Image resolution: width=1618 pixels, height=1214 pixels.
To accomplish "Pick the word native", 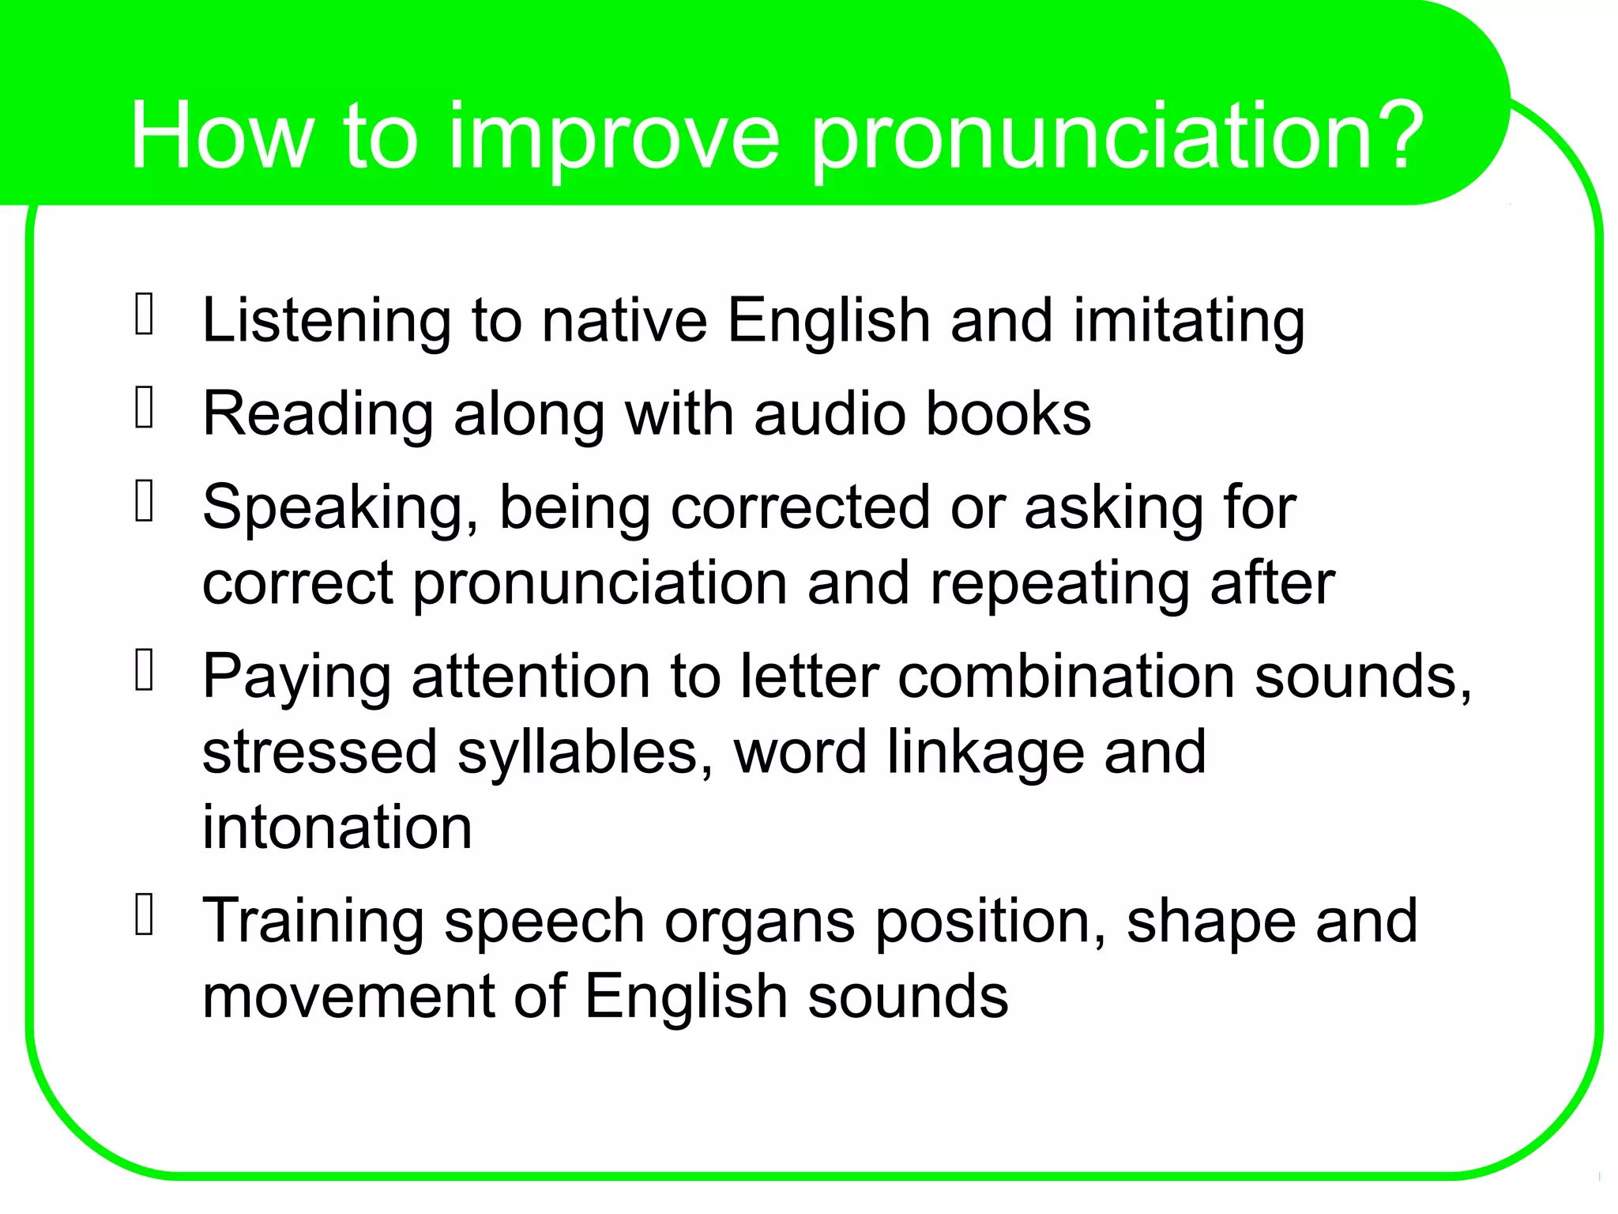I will coord(624,321).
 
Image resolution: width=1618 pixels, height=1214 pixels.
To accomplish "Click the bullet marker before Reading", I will coord(145,409).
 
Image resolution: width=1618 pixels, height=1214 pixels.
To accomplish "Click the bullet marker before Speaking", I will coord(145,502).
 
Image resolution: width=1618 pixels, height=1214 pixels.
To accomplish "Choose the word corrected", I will coord(800,507).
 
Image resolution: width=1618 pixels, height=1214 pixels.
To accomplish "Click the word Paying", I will coord(297,678).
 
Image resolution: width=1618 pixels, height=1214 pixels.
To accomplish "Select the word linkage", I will coord(986,752).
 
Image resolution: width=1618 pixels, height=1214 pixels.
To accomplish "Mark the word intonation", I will coord(337,828).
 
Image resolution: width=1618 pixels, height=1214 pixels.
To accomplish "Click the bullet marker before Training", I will coord(145,915).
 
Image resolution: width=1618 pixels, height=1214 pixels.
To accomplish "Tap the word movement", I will coord(348,995).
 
